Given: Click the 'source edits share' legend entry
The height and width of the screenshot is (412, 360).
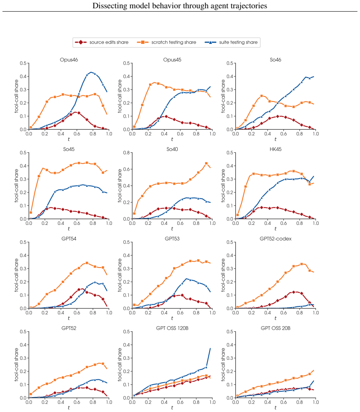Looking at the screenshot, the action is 102,42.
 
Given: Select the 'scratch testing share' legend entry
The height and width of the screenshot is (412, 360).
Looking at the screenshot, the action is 167,42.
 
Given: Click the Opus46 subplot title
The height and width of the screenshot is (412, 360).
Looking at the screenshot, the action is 69,60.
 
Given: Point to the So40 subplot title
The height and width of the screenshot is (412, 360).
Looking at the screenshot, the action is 172,149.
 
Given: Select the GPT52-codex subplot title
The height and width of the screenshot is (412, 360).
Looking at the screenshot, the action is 275,239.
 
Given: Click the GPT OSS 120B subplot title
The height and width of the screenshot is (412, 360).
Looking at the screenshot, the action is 172,328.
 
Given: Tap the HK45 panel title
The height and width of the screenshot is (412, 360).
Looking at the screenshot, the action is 275,149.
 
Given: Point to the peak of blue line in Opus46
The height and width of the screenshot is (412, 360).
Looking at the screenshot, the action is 91,72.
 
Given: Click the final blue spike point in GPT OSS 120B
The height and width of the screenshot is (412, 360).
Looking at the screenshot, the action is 210,348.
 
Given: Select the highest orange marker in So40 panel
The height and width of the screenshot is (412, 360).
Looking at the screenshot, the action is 206,164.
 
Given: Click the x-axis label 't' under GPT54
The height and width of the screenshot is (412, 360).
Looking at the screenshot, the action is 69,318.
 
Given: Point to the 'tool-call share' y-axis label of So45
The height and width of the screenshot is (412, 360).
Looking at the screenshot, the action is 17,186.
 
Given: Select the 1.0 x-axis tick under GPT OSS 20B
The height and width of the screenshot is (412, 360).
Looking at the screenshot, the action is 316,402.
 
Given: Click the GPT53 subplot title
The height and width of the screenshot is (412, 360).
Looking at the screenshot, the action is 172,239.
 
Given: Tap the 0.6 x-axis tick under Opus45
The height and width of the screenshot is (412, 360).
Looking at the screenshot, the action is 180,134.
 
